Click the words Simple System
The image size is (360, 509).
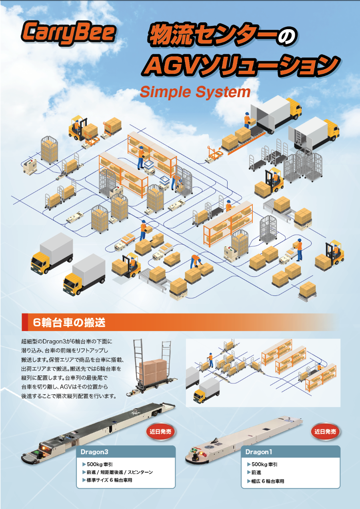tap(195, 92)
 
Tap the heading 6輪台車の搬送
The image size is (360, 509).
tap(69, 322)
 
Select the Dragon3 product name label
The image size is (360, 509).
tap(94, 452)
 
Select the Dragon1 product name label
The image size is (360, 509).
tap(259, 452)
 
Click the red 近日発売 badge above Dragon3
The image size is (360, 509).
tap(160, 431)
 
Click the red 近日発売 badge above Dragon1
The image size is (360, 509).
tap(325, 431)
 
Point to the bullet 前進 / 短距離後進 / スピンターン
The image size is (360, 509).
tap(118, 472)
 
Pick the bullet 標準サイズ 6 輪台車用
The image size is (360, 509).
tap(107, 480)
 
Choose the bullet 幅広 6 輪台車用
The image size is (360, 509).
tap(266, 481)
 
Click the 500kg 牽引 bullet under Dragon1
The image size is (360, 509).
tap(262, 464)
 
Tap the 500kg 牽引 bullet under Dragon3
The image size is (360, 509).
tap(98, 464)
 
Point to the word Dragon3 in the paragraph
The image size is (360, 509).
tap(54, 341)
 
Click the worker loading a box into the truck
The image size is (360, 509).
tap(247, 120)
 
